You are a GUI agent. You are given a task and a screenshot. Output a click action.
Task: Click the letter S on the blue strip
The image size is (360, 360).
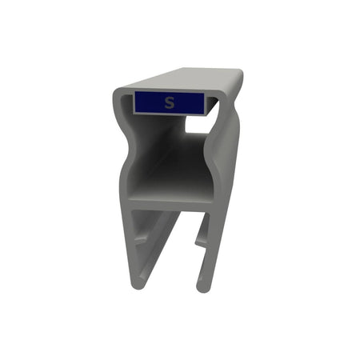(x=169, y=102)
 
